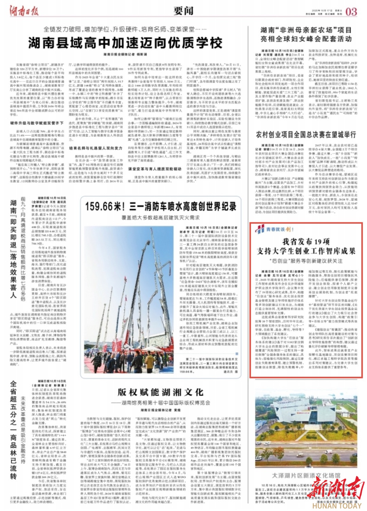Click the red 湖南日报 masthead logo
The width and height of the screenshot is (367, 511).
click(24, 11)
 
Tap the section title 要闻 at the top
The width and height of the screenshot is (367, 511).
click(183, 11)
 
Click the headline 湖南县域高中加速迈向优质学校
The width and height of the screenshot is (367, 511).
click(125, 43)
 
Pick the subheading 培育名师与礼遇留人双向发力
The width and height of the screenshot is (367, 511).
click(95, 148)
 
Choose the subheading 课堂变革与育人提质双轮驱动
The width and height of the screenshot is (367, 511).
click(155, 169)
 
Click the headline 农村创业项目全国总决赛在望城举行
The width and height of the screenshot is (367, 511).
click(306, 135)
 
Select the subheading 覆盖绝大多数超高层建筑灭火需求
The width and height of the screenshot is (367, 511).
click(161, 217)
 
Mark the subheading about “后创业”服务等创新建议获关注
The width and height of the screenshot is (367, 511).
click(306, 261)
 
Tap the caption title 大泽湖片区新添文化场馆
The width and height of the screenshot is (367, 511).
click(306, 475)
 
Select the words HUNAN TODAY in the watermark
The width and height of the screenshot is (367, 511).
click(336, 505)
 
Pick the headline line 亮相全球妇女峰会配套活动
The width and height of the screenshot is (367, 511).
click(306, 39)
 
